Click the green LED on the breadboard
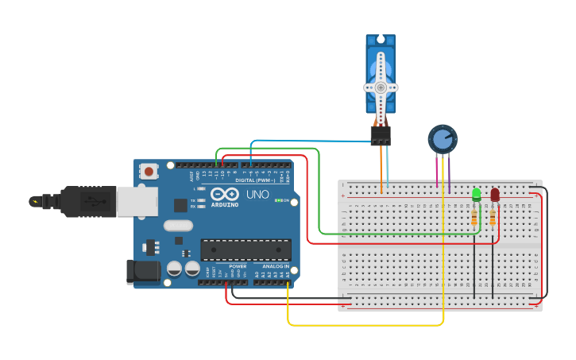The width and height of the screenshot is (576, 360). coord(476,194)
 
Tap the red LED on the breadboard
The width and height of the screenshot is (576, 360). coord(495,194)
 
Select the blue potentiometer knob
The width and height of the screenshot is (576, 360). coord(443,140)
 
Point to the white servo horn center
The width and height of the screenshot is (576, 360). coord(381,87)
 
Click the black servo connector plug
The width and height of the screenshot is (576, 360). coord(381,135)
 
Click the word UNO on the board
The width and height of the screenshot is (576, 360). coord(257,194)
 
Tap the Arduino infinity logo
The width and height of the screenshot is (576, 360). coord(226,194)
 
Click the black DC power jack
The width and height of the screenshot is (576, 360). coord(143,271)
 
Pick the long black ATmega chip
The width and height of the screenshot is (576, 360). coord(245,250)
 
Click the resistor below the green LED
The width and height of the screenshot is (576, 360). coord(475,216)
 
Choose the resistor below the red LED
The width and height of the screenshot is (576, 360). coord(493,216)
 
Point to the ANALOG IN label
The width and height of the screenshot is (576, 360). coord(275,266)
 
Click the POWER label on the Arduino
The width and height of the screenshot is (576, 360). coord(238,266)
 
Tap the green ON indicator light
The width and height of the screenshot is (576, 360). coord(277,201)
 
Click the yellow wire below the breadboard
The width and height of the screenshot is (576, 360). coord(365,325)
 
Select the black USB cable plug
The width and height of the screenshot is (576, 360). coord(79,202)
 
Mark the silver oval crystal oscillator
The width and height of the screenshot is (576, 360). coord(179,225)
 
